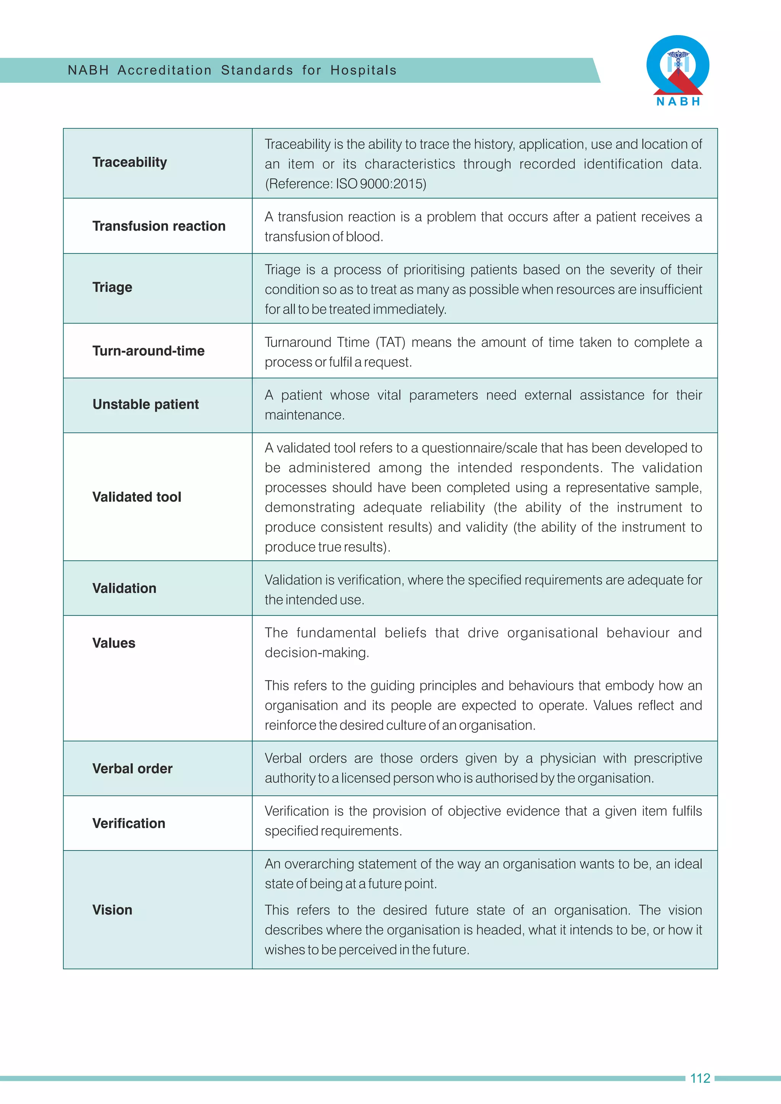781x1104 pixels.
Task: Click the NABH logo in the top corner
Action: (x=678, y=70)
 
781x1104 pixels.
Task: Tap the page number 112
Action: (x=700, y=1078)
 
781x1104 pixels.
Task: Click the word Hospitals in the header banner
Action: (x=363, y=70)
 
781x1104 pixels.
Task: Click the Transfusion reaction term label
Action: (x=159, y=226)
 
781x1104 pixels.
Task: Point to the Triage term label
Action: (x=112, y=287)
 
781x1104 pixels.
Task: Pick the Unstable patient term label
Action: (x=145, y=404)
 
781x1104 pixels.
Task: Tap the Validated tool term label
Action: (x=137, y=497)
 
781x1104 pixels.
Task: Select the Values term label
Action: (x=114, y=643)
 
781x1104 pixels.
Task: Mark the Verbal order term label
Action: (x=132, y=769)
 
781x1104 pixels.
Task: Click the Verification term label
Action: (x=129, y=823)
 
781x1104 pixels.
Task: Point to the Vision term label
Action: (x=112, y=910)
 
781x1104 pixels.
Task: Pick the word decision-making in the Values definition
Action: (x=316, y=653)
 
